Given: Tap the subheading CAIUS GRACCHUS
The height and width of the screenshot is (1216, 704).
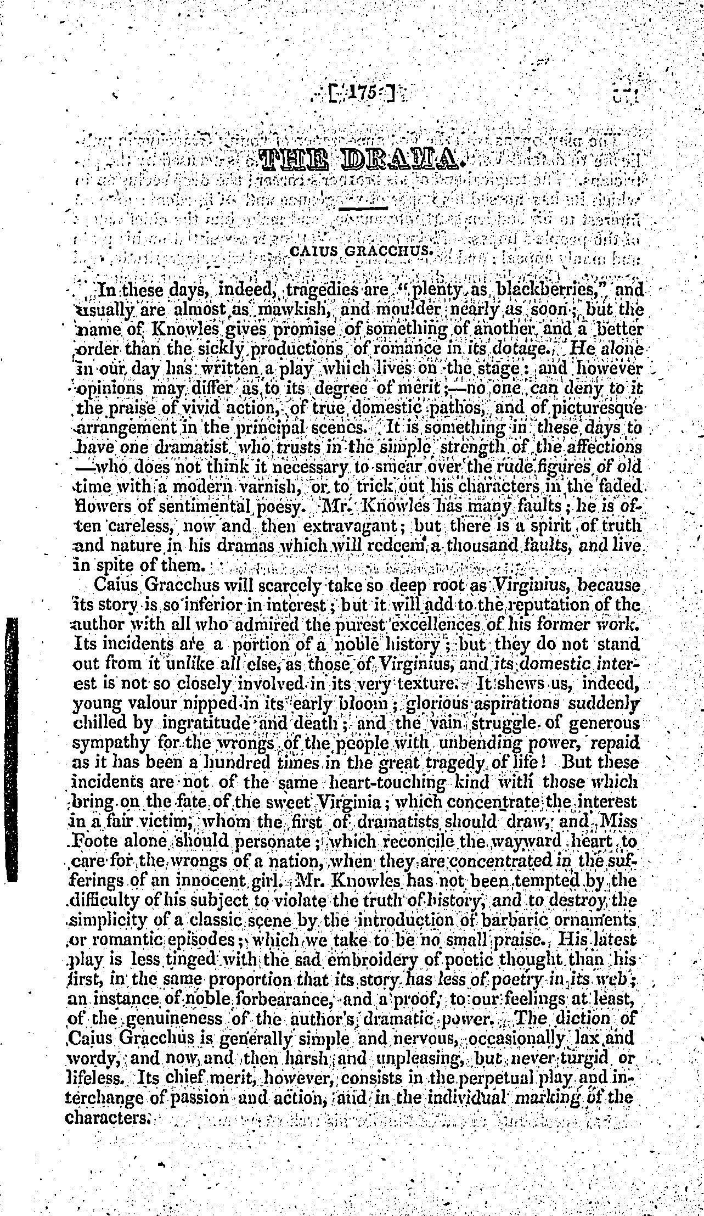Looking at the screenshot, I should point(361,252).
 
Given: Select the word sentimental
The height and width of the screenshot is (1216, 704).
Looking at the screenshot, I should point(195,507).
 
